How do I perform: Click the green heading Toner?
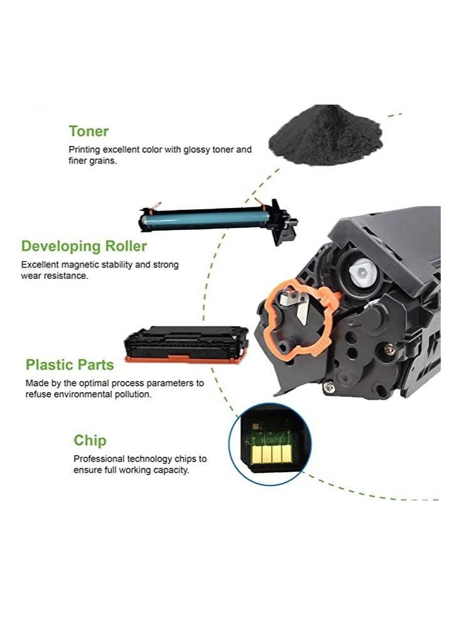[x=88, y=132]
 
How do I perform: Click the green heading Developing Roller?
[x=84, y=246]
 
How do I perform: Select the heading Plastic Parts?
[x=69, y=365]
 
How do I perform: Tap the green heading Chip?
[x=90, y=440]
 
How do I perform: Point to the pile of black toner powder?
[x=324, y=136]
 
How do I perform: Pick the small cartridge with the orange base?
[x=186, y=344]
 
